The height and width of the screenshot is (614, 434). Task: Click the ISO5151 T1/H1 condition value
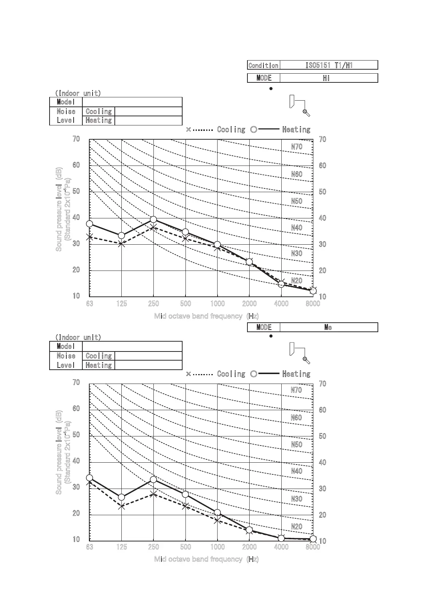pyautogui.click(x=329, y=65)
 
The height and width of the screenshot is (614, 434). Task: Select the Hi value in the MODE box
pyautogui.click(x=326, y=78)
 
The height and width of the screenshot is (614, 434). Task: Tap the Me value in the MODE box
pyautogui.click(x=328, y=327)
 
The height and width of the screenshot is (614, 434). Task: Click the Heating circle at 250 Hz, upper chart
pyautogui.click(x=153, y=219)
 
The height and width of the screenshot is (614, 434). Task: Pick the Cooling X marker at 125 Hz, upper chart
pyautogui.click(x=122, y=244)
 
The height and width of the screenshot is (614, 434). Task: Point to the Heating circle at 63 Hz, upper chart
pyautogui.click(x=90, y=224)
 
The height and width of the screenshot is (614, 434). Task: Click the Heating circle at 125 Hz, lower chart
pyautogui.click(x=122, y=497)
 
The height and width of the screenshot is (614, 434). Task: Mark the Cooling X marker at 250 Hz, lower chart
pyautogui.click(x=153, y=494)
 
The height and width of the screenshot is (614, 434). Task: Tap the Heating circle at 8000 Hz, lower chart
pyautogui.click(x=313, y=539)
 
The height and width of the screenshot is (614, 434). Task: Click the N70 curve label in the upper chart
pyautogui.click(x=297, y=147)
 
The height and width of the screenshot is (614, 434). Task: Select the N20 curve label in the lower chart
pyautogui.click(x=297, y=526)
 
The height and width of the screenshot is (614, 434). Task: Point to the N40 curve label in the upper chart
pyautogui.click(x=297, y=228)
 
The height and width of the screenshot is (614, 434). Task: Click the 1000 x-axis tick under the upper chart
pyautogui.click(x=218, y=304)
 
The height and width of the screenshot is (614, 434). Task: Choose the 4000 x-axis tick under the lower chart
pyautogui.click(x=281, y=547)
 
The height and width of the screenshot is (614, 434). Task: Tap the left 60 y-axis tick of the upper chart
pyautogui.click(x=76, y=165)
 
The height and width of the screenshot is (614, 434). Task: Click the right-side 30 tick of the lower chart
pyautogui.click(x=322, y=489)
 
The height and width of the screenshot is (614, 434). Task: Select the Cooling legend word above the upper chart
pyautogui.click(x=231, y=129)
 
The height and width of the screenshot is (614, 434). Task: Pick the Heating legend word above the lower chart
pyautogui.click(x=296, y=374)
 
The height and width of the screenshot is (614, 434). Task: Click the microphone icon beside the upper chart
pyautogui.click(x=306, y=113)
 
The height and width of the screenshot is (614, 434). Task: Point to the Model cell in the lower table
pyautogui.click(x=66, y=346)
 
